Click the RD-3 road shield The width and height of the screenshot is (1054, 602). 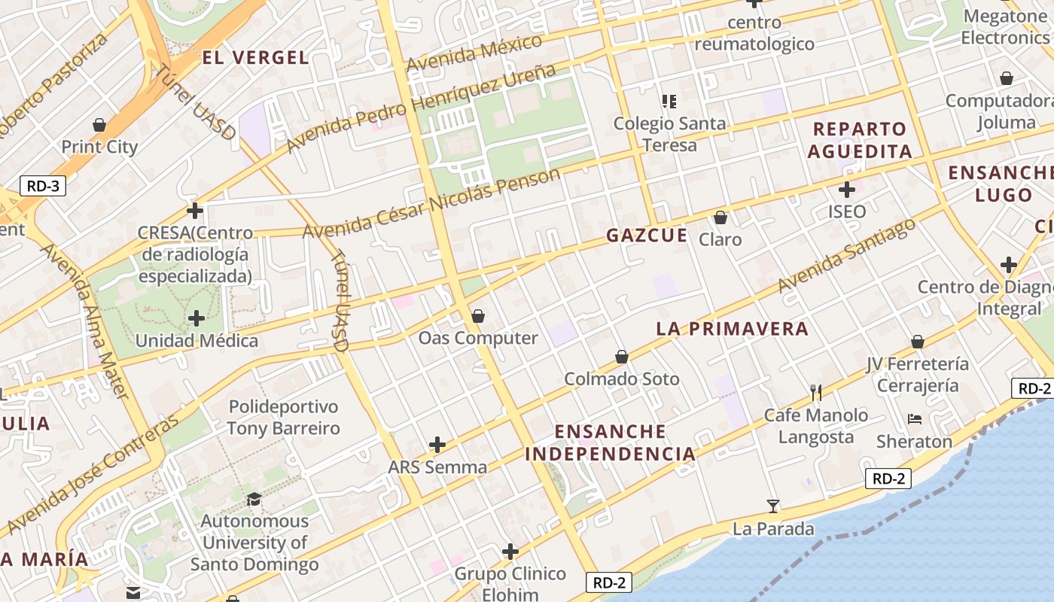(43, 186)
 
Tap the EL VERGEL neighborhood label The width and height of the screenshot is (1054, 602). (256, 57)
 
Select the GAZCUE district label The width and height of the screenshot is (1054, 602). (647, 235)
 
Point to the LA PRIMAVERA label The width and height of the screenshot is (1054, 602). (732, 328)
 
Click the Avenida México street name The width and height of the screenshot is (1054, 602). (474, 53)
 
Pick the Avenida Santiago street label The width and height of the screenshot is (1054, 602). (846, 255)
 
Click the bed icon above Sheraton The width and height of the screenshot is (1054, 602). (915, 418)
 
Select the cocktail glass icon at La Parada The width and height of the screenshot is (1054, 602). (773, 506)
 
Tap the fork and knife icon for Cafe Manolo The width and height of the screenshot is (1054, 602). (815, 392)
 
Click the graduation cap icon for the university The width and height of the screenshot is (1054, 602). (254, 499)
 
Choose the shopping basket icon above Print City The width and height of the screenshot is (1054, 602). (99, 124)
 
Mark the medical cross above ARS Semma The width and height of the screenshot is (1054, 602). (437, 445)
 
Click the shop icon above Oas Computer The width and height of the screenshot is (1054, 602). (477, 316)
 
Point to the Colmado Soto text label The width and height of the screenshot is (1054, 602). (622, 379)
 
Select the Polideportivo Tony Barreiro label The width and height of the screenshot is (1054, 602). (284, 418)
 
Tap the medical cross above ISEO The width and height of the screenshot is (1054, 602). (847, 189)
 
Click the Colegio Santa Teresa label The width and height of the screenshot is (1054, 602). (669, 133)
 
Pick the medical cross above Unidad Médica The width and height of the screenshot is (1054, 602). (196, 318)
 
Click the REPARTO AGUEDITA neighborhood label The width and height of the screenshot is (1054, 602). (860, 140)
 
